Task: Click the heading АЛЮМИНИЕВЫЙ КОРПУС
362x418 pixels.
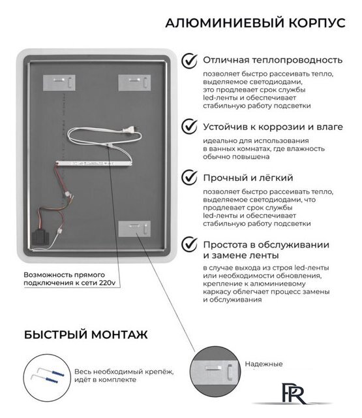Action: point(255,23)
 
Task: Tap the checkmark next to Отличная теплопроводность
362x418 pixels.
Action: point(190,61)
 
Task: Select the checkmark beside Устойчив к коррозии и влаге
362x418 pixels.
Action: point(190,125)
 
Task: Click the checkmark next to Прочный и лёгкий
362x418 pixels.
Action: point(190,178)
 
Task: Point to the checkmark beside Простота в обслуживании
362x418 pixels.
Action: point(190,244)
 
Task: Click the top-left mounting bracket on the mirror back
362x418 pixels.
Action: point(59,82)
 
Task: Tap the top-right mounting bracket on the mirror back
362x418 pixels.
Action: point(134,82)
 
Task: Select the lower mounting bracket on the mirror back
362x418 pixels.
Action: point(135,230)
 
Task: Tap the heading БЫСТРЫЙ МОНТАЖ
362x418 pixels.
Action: point(85,334)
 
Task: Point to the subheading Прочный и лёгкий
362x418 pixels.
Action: point(248,178)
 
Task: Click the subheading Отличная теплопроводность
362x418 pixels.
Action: point(273,61)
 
